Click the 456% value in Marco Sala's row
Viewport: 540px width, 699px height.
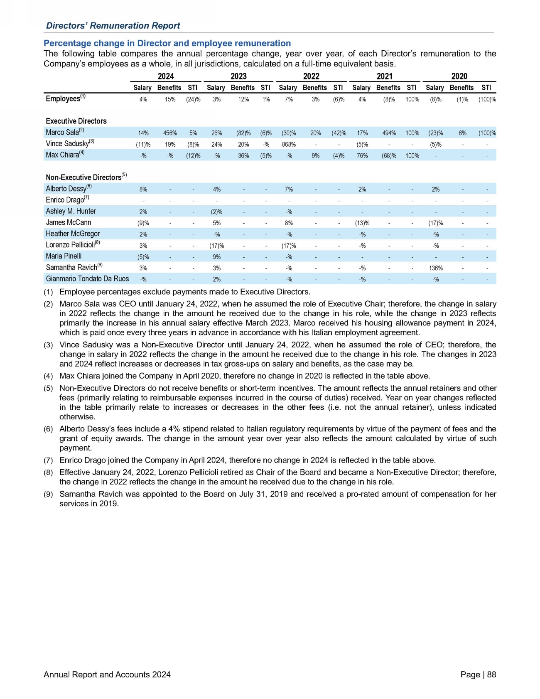pos(170,133)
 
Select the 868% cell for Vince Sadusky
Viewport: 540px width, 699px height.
pos(289,144)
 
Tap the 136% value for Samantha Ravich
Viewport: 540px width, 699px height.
pos(436,268)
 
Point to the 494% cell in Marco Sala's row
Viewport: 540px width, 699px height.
pos(389,133)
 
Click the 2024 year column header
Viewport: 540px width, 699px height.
pos(166,76)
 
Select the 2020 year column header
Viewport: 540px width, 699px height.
pos(459,76)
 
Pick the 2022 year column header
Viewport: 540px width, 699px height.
pos(311,76)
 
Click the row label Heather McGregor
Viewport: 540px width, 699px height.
pos(73,234)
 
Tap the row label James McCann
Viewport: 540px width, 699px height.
pos(69,222)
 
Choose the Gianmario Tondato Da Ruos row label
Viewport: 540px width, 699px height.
pos(87,278)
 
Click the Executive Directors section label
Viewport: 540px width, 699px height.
pos(76,121)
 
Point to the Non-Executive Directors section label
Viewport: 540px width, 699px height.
pos(83,177)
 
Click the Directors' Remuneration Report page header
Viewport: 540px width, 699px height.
pos(113,26)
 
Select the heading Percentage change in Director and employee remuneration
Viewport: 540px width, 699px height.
pos(167,43)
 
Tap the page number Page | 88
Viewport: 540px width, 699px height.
pos(478,674)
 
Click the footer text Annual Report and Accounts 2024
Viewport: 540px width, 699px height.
pos(107,674)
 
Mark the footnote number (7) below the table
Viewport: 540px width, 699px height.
pos(49,460)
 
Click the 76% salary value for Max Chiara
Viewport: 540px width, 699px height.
pos(362,155)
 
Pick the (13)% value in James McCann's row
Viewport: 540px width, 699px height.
pos(362,223)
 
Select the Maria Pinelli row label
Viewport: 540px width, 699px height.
pos(64,256)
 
